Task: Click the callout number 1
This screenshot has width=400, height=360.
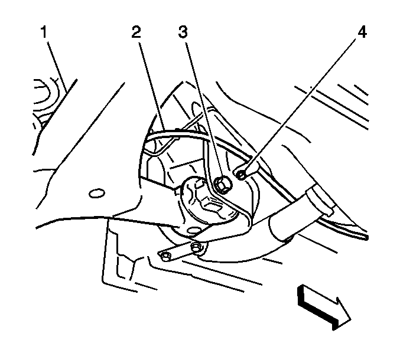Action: point(44,32)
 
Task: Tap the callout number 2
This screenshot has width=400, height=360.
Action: point(136,32)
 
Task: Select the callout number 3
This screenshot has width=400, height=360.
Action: point(183,32)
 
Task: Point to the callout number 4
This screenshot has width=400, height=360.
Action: point(362,32)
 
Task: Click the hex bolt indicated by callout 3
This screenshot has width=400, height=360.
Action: point(222,185)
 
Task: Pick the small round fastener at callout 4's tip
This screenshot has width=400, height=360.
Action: point(241,175)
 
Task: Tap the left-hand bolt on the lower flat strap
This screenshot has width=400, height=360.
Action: point(166,256)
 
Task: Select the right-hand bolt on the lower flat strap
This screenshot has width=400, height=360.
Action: point(197,247)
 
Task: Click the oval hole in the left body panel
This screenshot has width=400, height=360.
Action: point(97,194)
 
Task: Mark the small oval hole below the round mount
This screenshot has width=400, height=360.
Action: point(193,231)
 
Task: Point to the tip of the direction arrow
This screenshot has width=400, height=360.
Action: point(351,319)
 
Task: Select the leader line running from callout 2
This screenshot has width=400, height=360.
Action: point(152,86)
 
